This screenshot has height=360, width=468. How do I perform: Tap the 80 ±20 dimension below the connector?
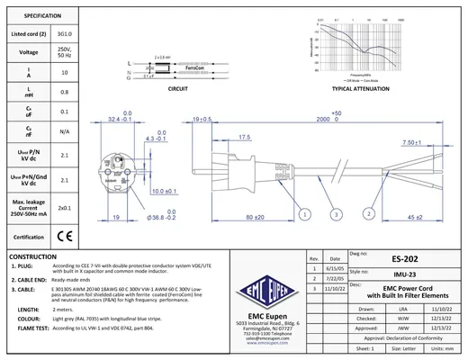(253, 217)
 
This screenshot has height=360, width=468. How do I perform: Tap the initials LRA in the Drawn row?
(377, 307)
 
